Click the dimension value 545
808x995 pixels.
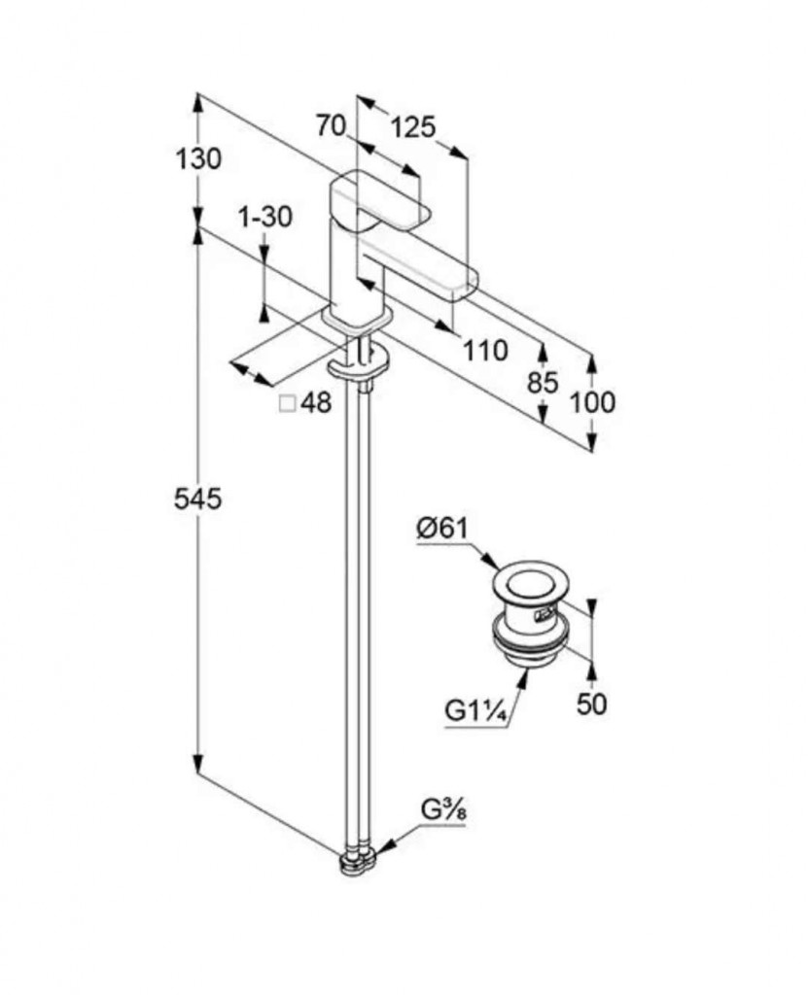198,498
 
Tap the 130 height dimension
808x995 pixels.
198,157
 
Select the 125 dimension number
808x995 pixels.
413,126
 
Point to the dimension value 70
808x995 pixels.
332,124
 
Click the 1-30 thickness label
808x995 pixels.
263,217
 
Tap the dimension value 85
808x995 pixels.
543,382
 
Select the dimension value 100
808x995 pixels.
592,400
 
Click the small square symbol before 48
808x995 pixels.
288,403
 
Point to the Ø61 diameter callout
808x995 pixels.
442,528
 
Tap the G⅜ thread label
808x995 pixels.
443,808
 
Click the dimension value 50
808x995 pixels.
591,703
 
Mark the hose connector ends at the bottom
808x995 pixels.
360,860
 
